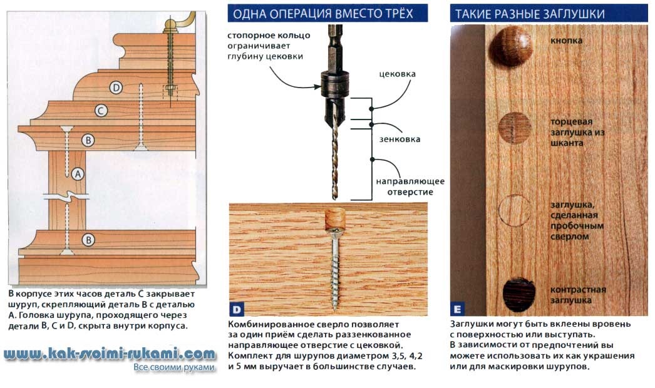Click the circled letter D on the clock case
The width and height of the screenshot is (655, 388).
(116, 88)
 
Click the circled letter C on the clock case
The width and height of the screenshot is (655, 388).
(101, 111)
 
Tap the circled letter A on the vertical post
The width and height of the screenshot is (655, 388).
(78, 174)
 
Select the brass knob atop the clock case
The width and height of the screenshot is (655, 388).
(170, 26)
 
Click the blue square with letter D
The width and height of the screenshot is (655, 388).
(237, 310)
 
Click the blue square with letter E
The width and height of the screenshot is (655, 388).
(457, 310)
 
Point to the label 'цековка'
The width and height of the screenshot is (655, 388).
(397, 74)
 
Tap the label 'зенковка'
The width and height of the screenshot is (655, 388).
(400, 140)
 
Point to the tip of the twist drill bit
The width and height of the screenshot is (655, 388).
(334, 198)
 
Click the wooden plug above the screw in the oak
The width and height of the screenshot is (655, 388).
(335, 218)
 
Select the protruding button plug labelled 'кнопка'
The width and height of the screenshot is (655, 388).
(512, 46)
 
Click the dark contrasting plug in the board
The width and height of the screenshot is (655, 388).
(519, 294)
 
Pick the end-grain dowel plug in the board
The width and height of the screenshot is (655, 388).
(515, 128)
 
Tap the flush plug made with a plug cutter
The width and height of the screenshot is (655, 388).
(515, 211)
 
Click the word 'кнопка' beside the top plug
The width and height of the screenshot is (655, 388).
(566, 41)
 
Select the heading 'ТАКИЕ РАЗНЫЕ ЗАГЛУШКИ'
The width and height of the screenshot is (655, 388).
(530, 14)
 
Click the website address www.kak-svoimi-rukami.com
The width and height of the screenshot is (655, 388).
(110, 355)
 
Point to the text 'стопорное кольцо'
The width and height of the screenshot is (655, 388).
(269, 36)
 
